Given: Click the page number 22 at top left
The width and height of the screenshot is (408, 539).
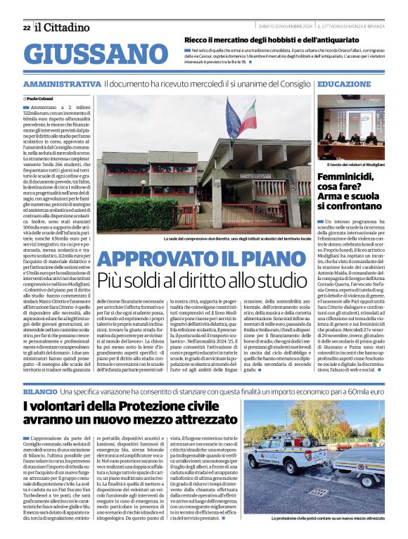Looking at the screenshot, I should tap(27, 27).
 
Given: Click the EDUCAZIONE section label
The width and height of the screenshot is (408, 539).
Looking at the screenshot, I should tap(345, 84).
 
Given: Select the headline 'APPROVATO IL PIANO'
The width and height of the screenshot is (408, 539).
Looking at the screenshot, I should tap(203, 259).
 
